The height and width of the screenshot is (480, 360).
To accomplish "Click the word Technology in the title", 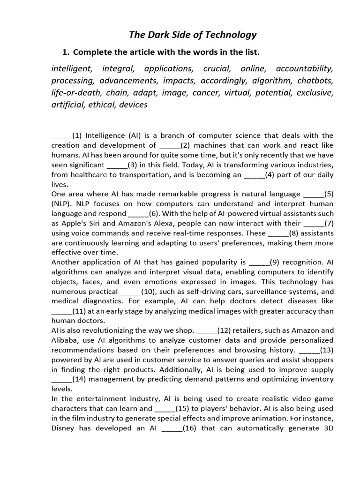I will click(x=227, y=35).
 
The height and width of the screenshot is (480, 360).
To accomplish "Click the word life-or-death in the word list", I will click(x=75, y=92).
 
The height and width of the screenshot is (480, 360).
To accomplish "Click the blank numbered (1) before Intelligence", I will click(x=61, y=135).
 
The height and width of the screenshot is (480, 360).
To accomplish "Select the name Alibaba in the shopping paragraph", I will click(x=65, y=340).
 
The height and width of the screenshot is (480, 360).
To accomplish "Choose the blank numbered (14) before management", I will click(x=61, y=379).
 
